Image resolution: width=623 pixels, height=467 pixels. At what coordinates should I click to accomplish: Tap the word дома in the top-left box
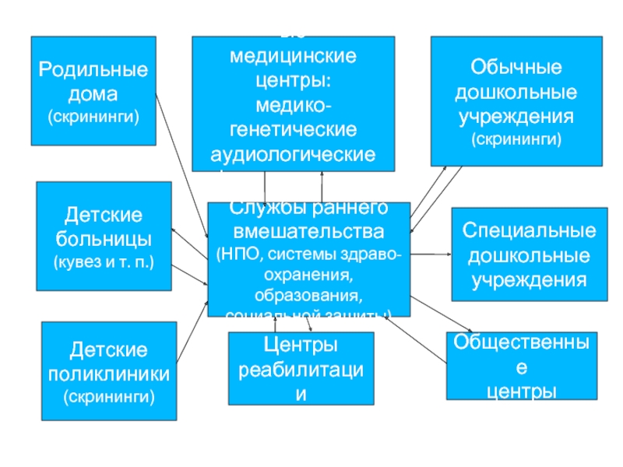[93, 95]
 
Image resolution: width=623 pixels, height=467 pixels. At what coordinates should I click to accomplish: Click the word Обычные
[516, 68]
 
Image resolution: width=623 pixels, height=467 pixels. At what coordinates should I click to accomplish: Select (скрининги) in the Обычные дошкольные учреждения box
[516, 140]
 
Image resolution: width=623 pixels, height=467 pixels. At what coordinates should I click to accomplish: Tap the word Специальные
[530, 232]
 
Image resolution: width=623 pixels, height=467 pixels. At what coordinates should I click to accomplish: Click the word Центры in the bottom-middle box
[300, 345]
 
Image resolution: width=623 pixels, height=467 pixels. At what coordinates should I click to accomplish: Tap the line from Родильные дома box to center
[181, 163]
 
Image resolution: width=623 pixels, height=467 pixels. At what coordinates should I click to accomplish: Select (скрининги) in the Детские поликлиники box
[109, 397]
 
